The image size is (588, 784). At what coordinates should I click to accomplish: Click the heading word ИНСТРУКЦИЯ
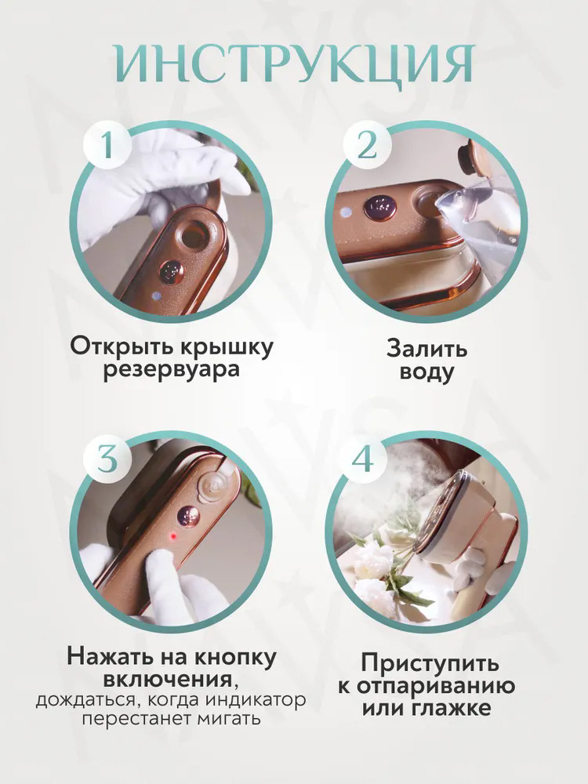tap(293, 63)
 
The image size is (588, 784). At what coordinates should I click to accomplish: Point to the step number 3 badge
tap(107, 459)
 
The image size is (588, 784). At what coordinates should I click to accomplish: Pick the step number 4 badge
tap(362, 459)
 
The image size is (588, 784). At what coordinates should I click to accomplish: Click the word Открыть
tap(116, 346)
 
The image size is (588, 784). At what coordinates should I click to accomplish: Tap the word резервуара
tap(172, 369)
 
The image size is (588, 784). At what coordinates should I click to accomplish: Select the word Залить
tap(426, 347)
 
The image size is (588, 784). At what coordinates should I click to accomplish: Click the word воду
tap(426, 372)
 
